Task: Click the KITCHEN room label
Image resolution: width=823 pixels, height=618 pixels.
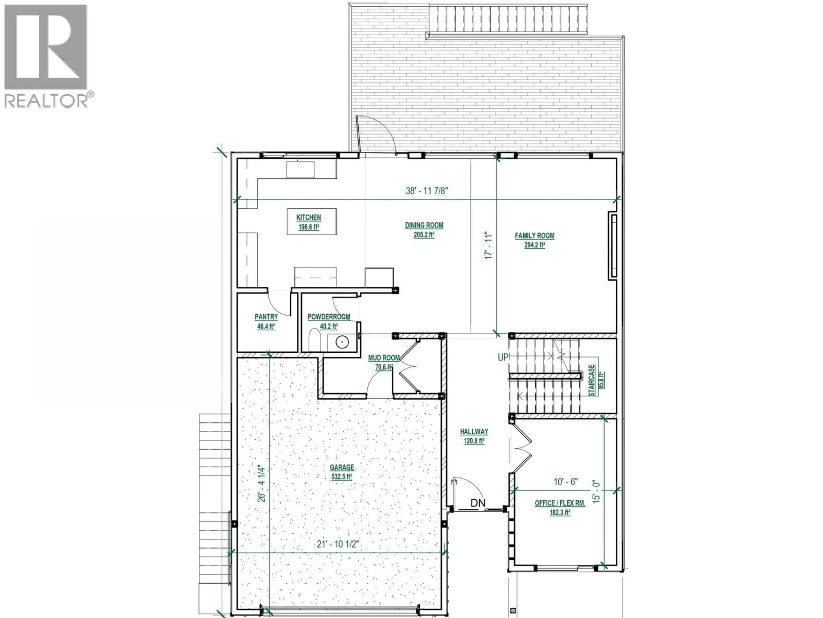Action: coord(308,218)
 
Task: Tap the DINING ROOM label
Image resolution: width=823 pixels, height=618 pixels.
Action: coord(424,225)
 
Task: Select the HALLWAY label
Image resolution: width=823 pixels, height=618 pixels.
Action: coord(474,432)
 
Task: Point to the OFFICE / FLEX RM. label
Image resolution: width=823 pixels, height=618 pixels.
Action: coord(560,503)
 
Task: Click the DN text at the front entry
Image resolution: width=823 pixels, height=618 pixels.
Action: coord(478,503)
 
